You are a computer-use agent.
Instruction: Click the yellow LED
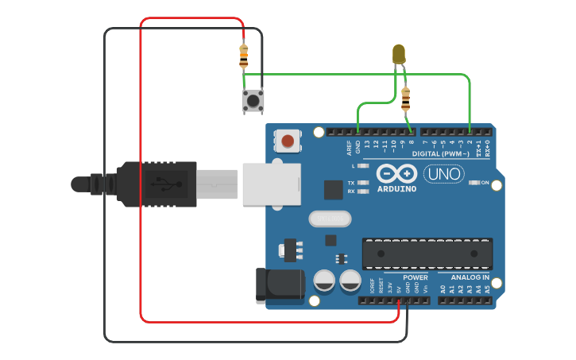[x=399, y=54]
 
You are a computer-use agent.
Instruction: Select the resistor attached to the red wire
[x=243, y=56]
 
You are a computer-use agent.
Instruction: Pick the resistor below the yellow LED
[x=407, y=100]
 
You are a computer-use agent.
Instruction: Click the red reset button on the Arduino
[x=287, y=142]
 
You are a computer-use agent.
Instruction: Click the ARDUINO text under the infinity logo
[x=396, y=189]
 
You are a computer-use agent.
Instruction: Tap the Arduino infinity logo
[x=396, y=174]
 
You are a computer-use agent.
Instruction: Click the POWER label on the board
[x=415, y=277]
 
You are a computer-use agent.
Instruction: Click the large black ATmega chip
[x=427, y=254]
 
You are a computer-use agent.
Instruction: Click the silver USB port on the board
[x=271, y=184]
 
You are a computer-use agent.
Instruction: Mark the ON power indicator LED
[x=474, y=183]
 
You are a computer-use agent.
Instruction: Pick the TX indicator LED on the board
[x=364, y=183]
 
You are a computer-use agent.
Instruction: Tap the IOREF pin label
[x=372, y=285]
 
